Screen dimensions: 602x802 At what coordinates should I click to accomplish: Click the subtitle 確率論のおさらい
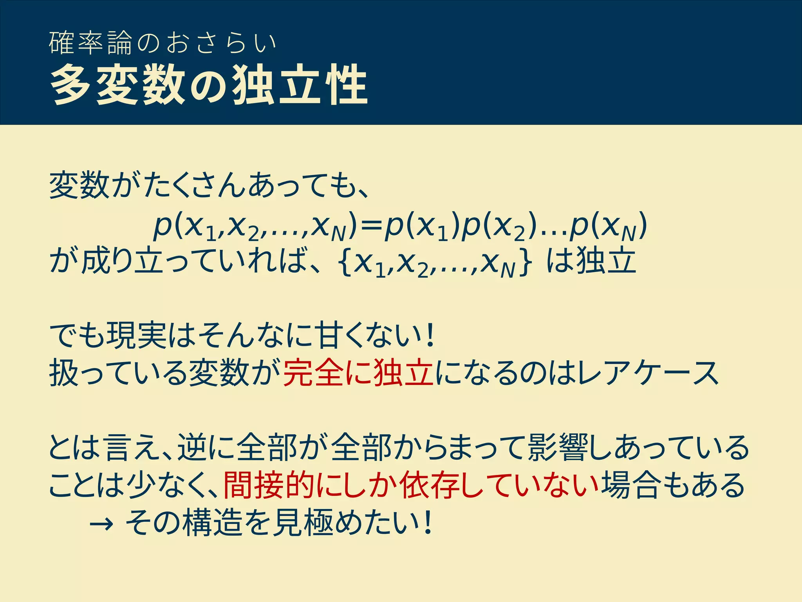[x=163, y=43]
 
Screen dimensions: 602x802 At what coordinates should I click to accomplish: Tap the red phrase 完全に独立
[x=358, y=374]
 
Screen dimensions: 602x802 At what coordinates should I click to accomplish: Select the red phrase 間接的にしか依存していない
[x=411, y=486]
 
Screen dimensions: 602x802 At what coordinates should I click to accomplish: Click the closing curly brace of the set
[x=525, y=263]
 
